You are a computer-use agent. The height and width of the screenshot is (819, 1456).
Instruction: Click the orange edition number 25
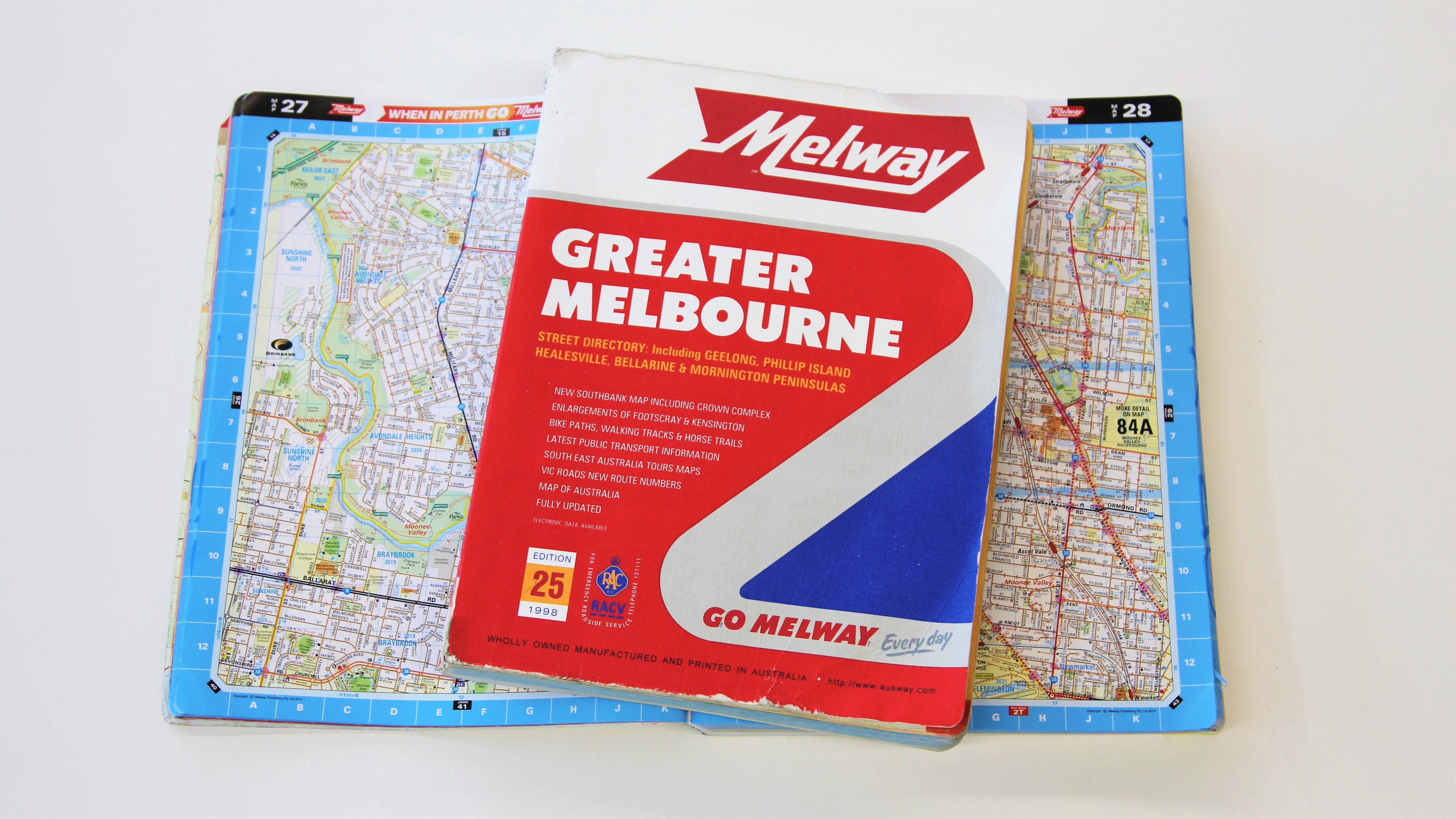[547, 585]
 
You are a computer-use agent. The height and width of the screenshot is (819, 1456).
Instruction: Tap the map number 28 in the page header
[1136, 110]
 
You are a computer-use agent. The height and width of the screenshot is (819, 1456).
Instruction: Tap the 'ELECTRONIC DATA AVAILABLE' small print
[570, 524]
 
